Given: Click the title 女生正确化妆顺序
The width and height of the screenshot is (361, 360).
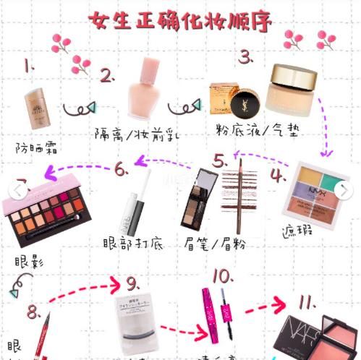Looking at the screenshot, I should click(x=180, y=20).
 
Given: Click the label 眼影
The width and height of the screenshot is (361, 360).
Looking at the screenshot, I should click(x=28, y=262).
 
